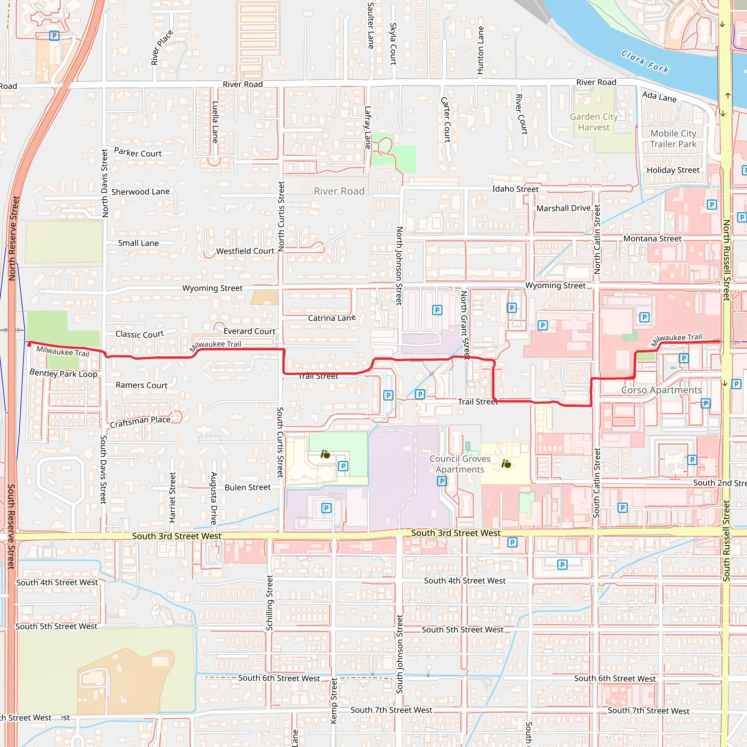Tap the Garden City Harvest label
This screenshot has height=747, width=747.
click(x=593, y=122)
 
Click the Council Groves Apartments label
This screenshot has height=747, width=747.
click(x=460, y=464)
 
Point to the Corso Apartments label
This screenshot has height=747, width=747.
click(x=661, y=390)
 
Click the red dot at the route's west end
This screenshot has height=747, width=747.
click(x=30, y=344)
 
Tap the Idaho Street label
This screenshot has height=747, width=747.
click(x=515, y=189)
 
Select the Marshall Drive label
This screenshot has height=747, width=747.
click(x=563, y=208)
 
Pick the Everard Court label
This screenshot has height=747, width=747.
click(x=249, y=331)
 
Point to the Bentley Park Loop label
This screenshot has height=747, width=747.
click(x=63, y=373)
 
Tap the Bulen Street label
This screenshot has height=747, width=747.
click(x=247, y=487)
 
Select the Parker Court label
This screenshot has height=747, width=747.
click(x=138, y=153)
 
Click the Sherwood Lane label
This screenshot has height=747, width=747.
click(x=140, y=192)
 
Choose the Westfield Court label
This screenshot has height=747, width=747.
click(x=245, y=251)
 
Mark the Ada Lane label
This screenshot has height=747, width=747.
click(x=659, y=97)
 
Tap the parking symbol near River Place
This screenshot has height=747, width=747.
click(x=54, y=36)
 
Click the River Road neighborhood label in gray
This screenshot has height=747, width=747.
click(x=339, y=191)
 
